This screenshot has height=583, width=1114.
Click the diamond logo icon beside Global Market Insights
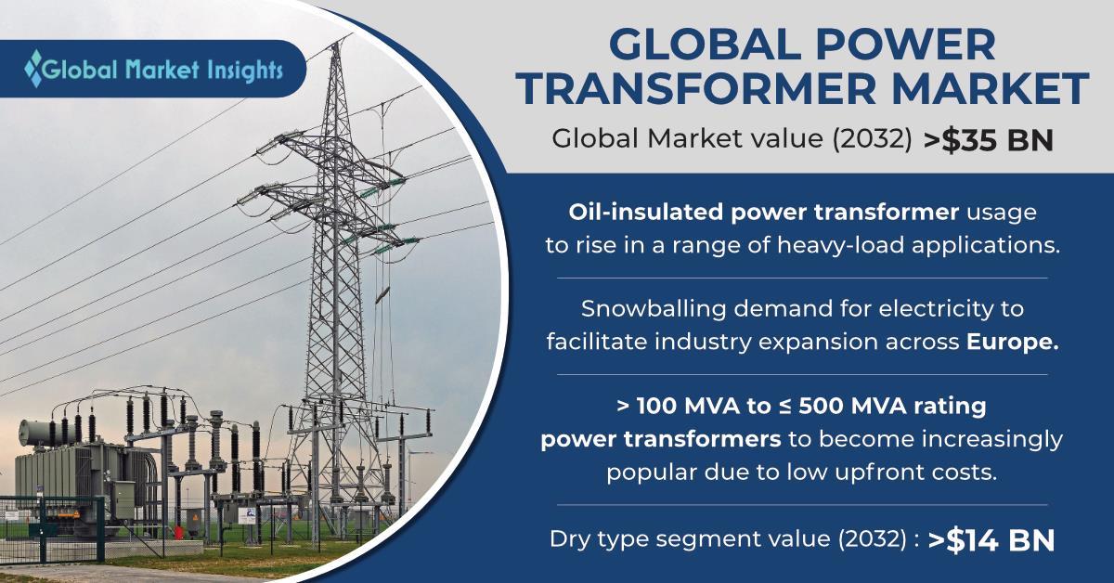(33, 68)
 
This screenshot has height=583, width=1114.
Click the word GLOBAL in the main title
(704, 45)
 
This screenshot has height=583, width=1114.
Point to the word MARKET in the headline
(991, 88)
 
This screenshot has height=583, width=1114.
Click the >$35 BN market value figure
(988, 140)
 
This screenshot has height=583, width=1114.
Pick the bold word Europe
(1012, 342)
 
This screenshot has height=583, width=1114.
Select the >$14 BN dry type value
(991, 540)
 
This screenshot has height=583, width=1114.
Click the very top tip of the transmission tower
(337, 43)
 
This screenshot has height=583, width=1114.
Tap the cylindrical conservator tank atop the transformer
(43, 433)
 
